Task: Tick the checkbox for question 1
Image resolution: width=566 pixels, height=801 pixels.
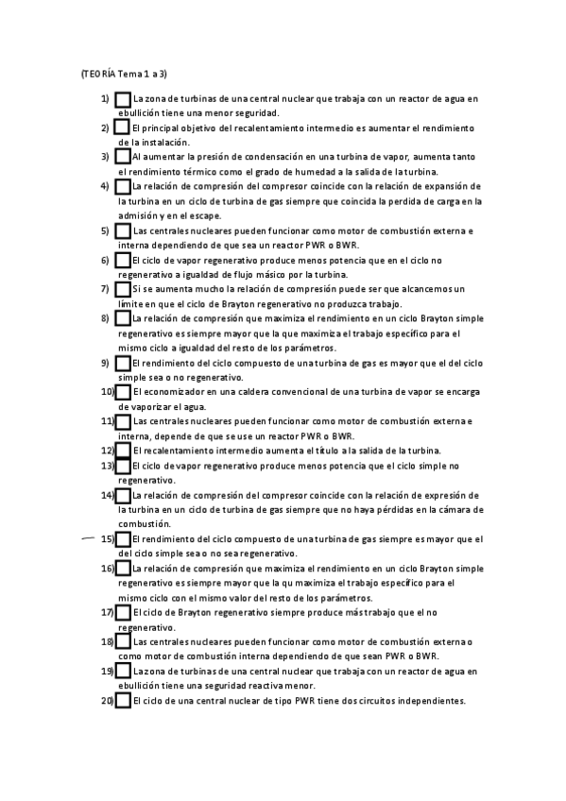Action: click(123, 98)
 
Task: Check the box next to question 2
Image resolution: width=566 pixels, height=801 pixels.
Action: click(123, 127)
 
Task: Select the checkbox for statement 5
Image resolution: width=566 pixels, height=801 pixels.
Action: click(123, 230)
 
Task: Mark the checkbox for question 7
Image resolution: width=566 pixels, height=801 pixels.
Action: click(123, 288)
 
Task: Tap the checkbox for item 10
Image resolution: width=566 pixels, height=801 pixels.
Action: click(123, 391)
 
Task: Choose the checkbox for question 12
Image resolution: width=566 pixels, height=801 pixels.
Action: click(123, 451)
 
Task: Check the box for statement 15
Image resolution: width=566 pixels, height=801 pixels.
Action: click(123, 538)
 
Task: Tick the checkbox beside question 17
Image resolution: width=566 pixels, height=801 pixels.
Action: click(123, 612)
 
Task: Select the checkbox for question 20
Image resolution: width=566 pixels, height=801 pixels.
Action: click(123, 701)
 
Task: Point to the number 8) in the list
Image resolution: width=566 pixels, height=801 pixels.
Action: click(105, 318)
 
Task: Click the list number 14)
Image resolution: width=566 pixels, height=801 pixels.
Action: click(107, 495)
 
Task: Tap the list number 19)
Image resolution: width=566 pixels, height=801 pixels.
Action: click(107, 671)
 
